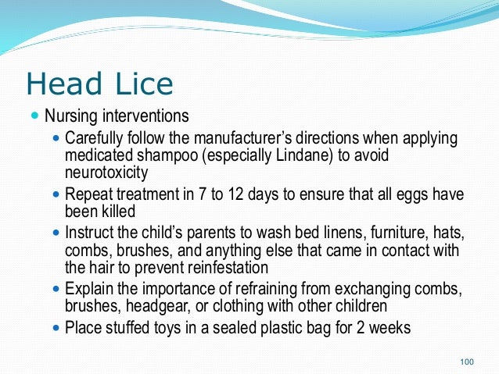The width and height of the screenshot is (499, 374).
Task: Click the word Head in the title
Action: tap(64, 84)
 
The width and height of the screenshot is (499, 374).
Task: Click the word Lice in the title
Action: tap(144, 84)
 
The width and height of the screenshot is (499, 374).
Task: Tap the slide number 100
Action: tap(467, 362)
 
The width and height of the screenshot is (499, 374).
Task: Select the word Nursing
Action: tap(71, 116)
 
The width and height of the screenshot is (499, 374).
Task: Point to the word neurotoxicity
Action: tap(106, 173)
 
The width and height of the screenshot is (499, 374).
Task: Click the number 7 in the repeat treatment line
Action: tap(202, 194)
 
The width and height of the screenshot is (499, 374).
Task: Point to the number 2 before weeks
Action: tap(361, 328)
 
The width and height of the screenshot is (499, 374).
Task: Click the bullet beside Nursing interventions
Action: tap(35, 115)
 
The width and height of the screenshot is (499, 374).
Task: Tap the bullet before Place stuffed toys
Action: tap(56, 327)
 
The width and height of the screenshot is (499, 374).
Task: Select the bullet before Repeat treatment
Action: tap(56, 194)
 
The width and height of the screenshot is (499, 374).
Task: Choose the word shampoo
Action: tap(167, 156)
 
